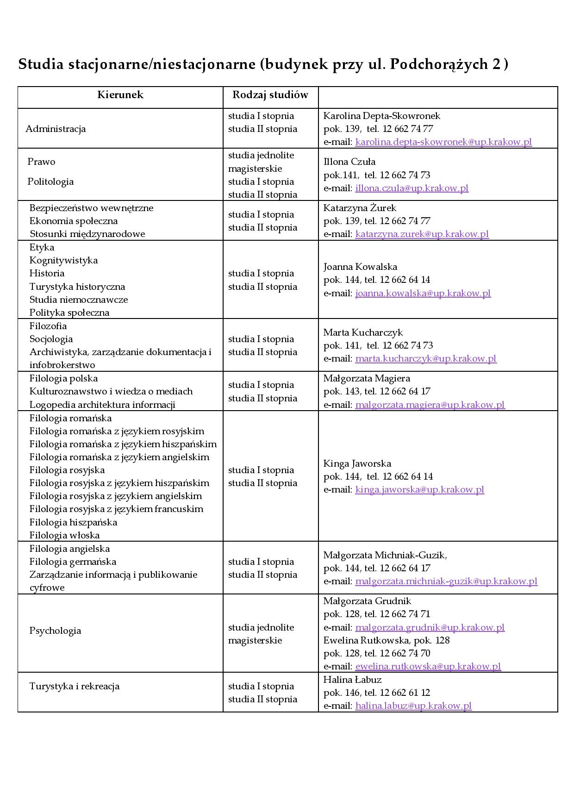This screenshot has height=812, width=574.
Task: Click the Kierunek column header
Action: tap(120, 95)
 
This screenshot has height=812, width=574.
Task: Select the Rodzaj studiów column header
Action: tap(270, 95)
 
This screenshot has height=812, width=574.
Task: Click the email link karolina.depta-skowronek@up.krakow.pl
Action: tap(443, 142)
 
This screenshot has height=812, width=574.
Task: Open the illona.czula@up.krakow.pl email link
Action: tap(412, 188)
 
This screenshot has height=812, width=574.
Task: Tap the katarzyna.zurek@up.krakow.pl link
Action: tap(422, 234)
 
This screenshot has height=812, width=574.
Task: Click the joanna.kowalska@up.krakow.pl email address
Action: tap(423, 293)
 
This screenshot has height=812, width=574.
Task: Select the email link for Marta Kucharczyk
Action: tap(426, 358)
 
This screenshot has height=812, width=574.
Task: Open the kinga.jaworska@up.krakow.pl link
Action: tap(419, 489)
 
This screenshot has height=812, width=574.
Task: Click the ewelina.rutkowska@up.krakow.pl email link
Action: tap(428, 666)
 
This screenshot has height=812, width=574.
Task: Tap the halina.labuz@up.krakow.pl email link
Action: tap(413, 706)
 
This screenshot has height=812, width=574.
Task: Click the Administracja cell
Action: tap(56, 129)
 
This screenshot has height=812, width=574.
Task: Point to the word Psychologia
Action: tap(55, 631)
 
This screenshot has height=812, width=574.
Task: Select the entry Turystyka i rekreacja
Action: tap(75, 686)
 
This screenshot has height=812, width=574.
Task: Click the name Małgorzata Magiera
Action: tap(367, 378)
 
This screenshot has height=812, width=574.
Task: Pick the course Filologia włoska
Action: tap(64, 535)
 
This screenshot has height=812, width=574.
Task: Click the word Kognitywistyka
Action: tap(63, 260)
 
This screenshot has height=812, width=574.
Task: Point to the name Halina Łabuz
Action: tap(352, 680)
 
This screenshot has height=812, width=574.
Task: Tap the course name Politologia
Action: tap(50, 181)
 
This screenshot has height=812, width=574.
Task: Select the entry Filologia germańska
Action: tap(73, 562)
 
